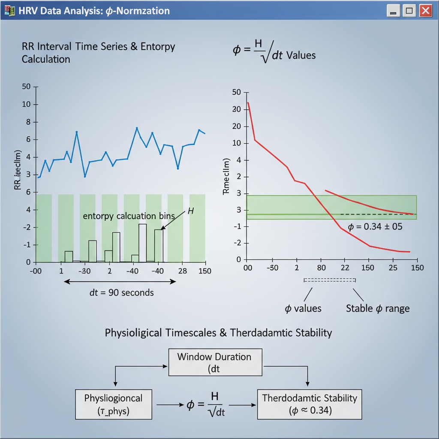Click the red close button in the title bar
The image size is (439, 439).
425,11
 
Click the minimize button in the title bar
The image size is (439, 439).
393,11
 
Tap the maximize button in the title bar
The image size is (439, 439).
409,11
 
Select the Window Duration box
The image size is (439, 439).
214,363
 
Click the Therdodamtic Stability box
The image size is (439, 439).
309,404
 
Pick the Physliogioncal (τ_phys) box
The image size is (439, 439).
114,404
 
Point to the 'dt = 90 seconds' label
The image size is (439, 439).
121,293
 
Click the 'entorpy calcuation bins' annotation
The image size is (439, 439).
129,216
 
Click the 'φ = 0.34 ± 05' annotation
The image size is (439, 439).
375,227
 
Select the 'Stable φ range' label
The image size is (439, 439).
377,308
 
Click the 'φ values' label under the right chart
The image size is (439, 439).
303,308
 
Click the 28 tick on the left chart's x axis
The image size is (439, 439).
182,271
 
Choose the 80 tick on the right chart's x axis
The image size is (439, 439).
322,268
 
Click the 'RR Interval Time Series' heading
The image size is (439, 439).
98,47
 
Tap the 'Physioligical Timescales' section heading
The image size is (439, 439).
218,333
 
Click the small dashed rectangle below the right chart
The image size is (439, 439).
330,280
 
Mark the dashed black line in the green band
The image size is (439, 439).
377,214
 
